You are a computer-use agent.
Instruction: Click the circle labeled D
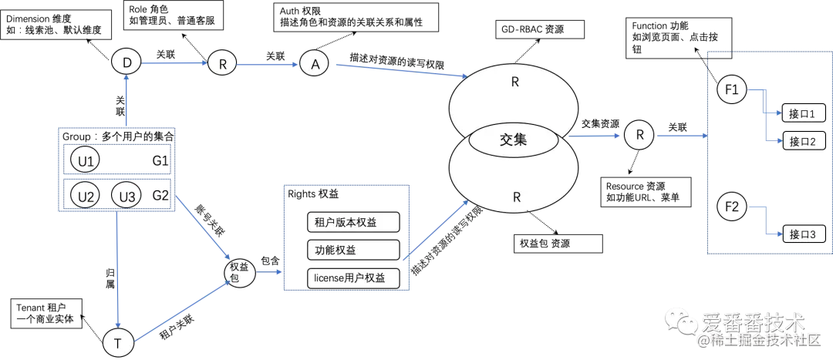[x=126, y=62]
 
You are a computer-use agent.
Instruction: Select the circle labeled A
[x=314, y=64]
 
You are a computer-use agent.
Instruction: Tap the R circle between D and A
[x=222, y=64]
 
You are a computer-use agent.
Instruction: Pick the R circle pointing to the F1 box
[x=639, y=134]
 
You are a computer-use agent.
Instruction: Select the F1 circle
[x=731, y=89]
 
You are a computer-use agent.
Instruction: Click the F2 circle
[x=731, y=207]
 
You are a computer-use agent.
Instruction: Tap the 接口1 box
[x=804, y=114]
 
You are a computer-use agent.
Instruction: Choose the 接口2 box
[x=804, y=141]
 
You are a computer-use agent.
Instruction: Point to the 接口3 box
[x=804, y=234]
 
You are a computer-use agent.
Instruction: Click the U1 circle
[x=85, y=160]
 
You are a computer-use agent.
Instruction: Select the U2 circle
[x=85, y=197]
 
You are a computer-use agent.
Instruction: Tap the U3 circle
[x=126, y=197]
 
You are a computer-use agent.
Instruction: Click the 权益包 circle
[x=240, y=272]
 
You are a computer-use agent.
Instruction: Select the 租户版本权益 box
[x=352, y=223]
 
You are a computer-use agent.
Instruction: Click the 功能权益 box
[x=352, y=250]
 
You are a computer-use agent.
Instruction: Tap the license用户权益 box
[x=352, y=277]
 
